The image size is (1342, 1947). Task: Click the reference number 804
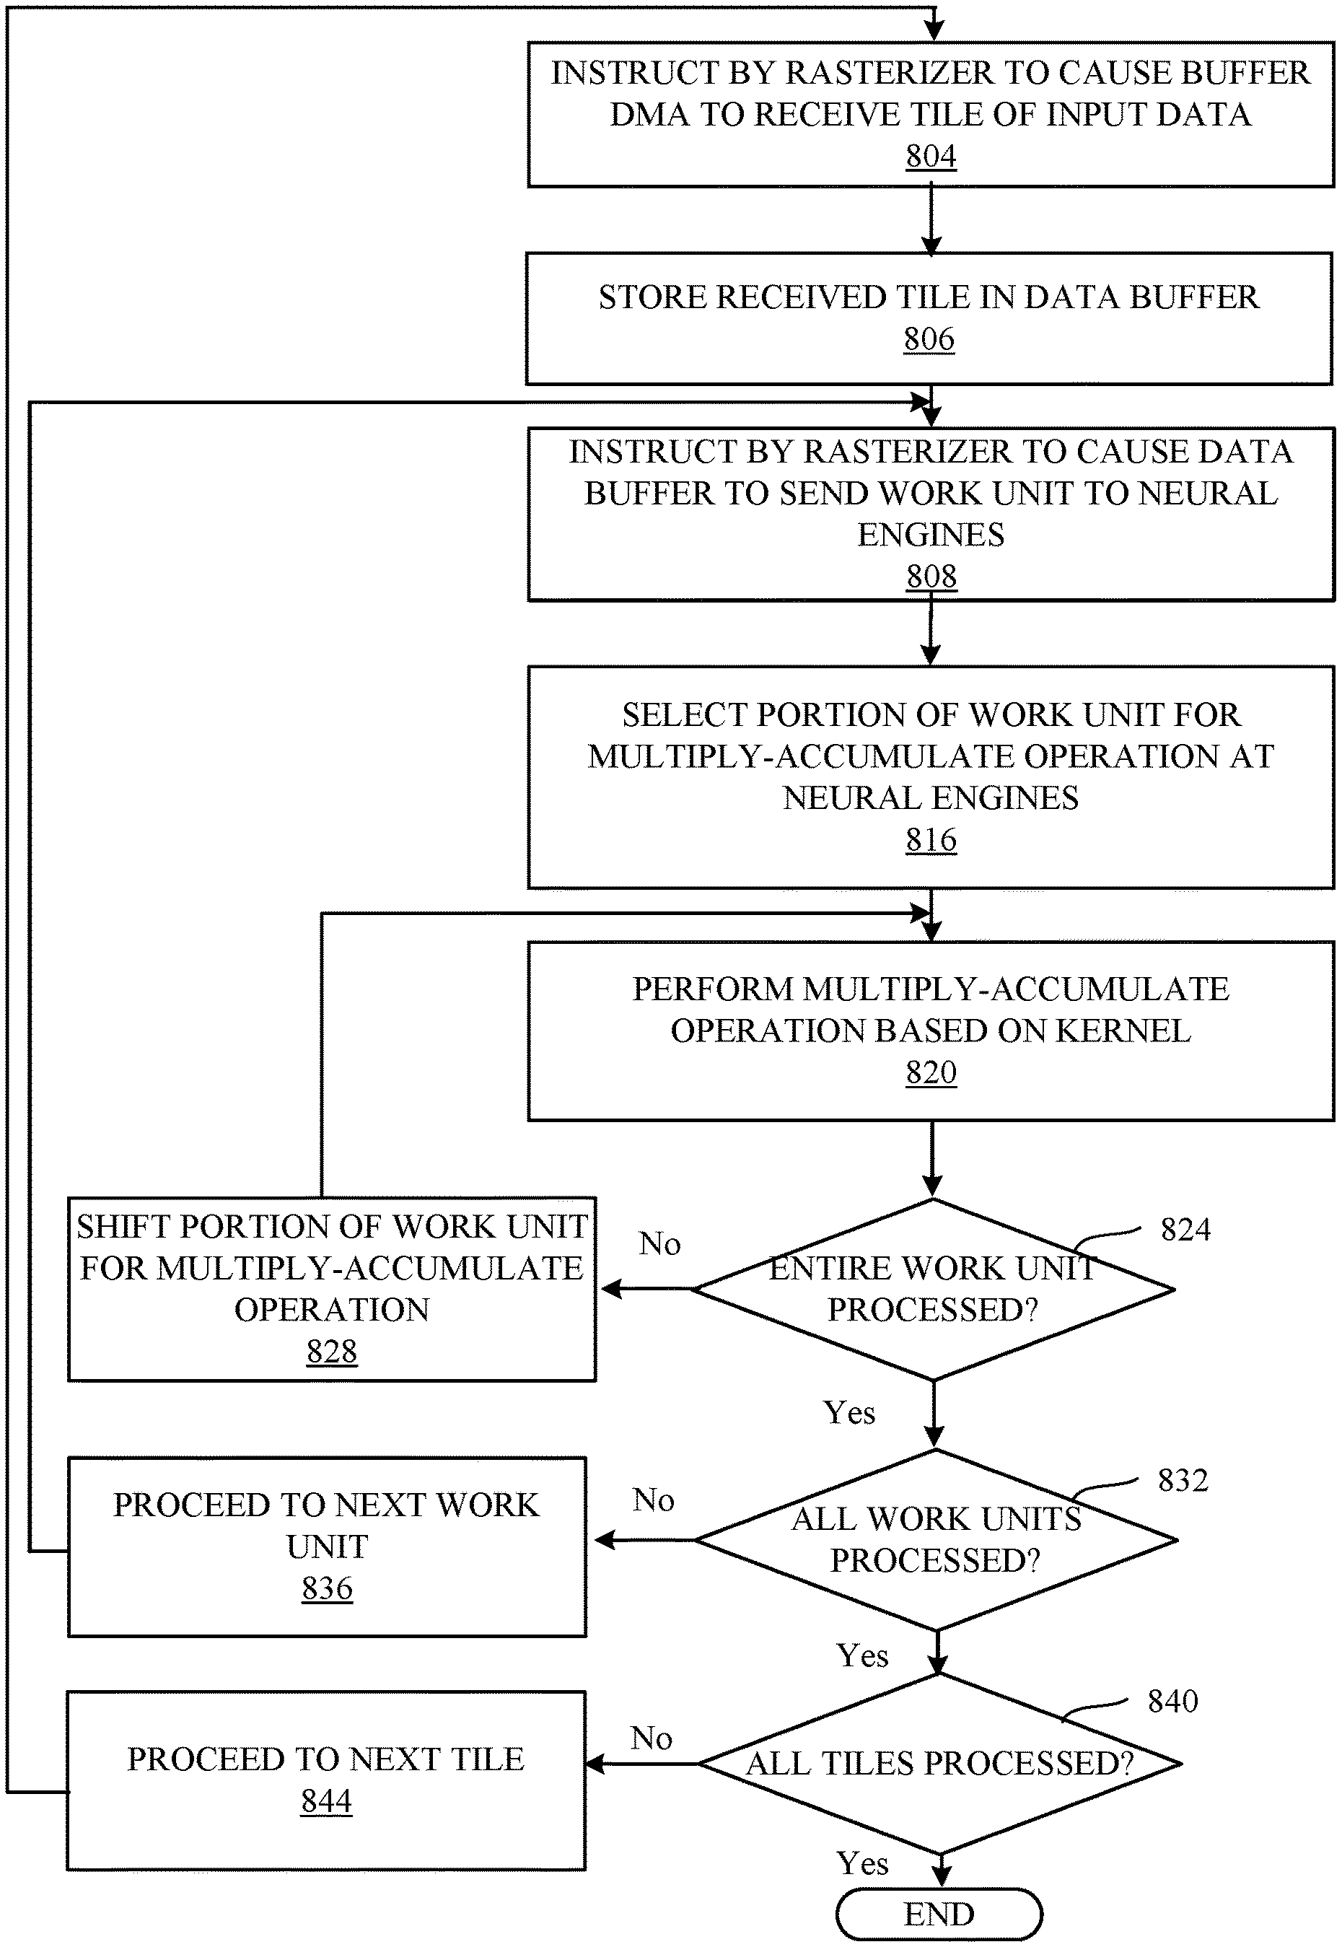click(x=931, y=157)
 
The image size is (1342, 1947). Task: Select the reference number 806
click(x=929, y=339)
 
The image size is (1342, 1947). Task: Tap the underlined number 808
click(x=931, y=576)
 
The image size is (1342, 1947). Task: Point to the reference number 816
click(x=931, y=839)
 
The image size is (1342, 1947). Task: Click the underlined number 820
click(x=931, y=1072)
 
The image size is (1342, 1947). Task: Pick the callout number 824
click(x=1185, y=1230)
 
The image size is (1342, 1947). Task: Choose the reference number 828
click(x=332, y=1352)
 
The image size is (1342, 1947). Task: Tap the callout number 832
click(x=1183, y=1480)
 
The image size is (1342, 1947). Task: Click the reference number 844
click(x=326, y=1801)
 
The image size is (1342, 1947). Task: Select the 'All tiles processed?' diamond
click(x=940, y=1764)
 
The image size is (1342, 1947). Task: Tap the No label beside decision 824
click(x=659, y=1244)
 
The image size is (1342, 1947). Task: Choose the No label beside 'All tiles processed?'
click(x=652, y=1738)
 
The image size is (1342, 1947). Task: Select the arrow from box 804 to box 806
click(x=931, y=220)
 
